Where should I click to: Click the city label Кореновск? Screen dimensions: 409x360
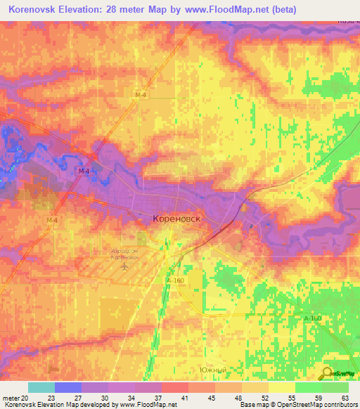pos(176,219)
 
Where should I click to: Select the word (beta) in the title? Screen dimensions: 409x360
pos(281,10)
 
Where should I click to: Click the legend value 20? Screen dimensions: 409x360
pos(27,397)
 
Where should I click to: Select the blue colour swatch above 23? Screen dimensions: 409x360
pos(68,387)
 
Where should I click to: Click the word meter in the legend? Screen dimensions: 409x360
pos(11,397)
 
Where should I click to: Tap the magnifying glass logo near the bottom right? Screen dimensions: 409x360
pos(327,373)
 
